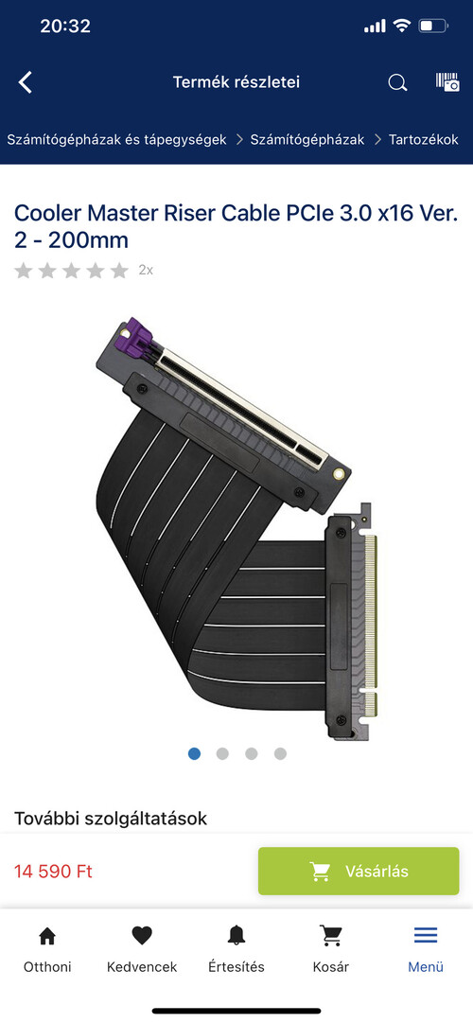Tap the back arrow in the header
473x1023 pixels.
pyautogui.click(x=25, y=82)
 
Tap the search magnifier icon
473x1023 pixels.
pyautogui.click(x=397, y=82)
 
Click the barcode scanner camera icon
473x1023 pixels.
pyautogui.click(x=447, y=81)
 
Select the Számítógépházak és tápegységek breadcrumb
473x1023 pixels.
pyautogui.click(x=116, y=139)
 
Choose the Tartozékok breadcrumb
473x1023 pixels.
pyautogui.click(x=424, y=139)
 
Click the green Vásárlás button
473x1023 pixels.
pyautogui.click(x=359, y=871)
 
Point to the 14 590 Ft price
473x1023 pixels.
pyautogui.click(x=54, y=872)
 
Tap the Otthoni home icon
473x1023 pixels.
pyautogui.click(x=47, y=936)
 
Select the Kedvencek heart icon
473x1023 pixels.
pyautogui.click(x=142, y=936)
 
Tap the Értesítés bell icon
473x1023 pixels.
pyautogui.click(x=236, y=936)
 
